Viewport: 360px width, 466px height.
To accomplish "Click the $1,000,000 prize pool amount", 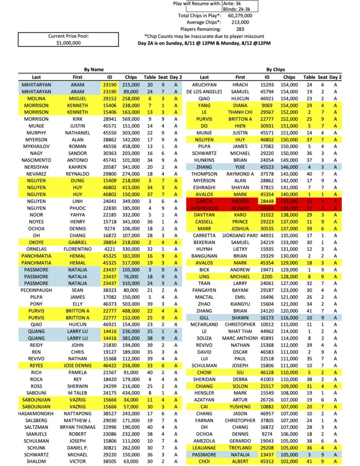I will pos(68,43).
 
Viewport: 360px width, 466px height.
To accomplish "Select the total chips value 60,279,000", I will pos(237,15).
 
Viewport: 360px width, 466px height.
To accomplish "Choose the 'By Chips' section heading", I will pos(275,70).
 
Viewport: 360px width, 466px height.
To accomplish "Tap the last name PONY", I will pos(36,304).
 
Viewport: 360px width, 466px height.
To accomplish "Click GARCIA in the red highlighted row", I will pos(204,201).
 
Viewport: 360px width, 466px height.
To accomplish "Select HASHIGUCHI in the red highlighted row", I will pos(204,208).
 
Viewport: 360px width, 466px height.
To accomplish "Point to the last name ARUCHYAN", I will pos(204,85).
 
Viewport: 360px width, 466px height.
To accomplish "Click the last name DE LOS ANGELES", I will pos(204,91).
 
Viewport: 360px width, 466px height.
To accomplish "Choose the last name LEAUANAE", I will pos(204,448).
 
